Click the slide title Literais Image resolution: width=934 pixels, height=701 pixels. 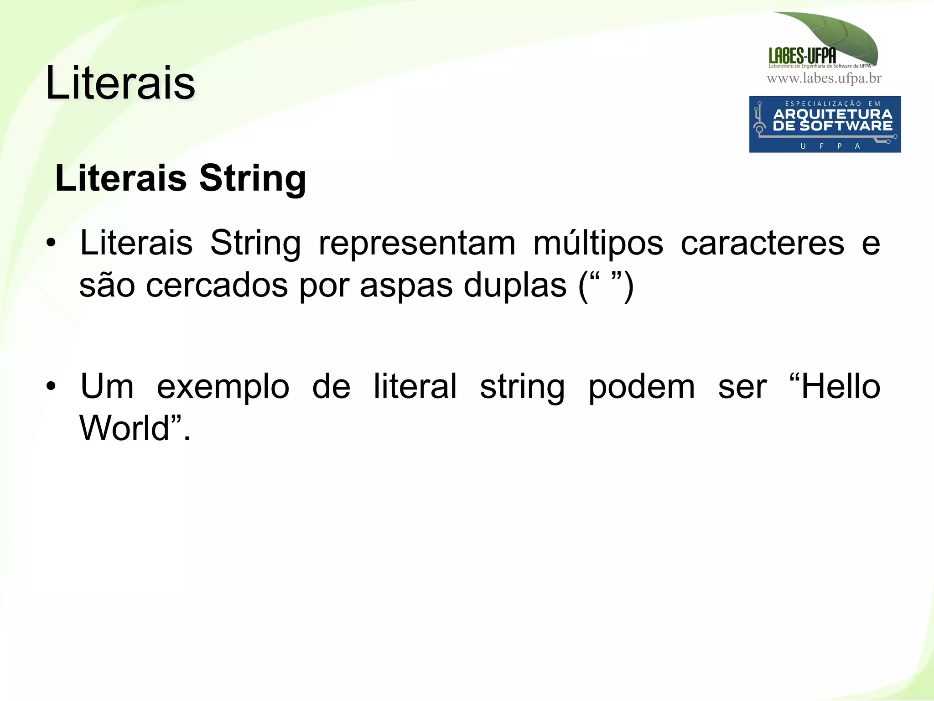(120, 83)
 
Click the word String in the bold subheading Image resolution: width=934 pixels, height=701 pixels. (252, 178)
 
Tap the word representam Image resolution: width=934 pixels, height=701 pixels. (417, 243)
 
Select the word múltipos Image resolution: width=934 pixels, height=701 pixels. (598, 243)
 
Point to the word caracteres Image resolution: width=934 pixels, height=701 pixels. (762, 243)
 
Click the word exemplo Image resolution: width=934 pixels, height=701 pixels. (223, 387)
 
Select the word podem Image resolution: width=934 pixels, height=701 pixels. (642, 387)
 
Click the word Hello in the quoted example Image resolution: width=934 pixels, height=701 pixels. (841, 386)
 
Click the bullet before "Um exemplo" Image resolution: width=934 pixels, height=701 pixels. (51, 386)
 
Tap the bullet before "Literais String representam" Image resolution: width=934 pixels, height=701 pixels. (51, 243)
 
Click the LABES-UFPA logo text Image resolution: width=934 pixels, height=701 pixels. (802, 56)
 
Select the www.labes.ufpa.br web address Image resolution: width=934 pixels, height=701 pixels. (824, 78)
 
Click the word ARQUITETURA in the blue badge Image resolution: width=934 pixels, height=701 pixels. (833, 114)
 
